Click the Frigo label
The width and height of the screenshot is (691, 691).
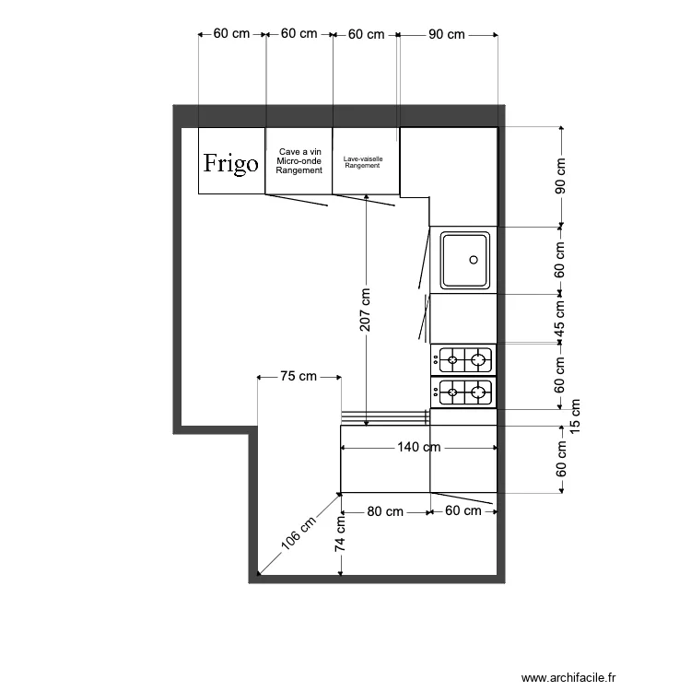231,164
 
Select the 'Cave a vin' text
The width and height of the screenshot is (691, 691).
299,151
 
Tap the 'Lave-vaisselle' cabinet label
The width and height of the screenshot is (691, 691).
363,158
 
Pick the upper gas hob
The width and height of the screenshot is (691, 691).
463,357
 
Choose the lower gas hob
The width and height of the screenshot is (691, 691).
463,392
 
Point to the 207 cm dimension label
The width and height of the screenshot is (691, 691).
366,310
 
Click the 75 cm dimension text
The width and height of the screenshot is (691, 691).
299,376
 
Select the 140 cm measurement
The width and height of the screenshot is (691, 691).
418,447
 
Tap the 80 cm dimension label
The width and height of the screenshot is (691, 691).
385,510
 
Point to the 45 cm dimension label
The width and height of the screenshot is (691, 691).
560,319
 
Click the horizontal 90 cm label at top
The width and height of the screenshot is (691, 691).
447,34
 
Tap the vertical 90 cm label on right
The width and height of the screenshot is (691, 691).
560,176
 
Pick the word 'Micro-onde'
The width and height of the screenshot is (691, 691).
299,161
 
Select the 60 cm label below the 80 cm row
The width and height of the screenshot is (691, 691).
463,510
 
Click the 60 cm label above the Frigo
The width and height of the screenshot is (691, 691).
232,34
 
